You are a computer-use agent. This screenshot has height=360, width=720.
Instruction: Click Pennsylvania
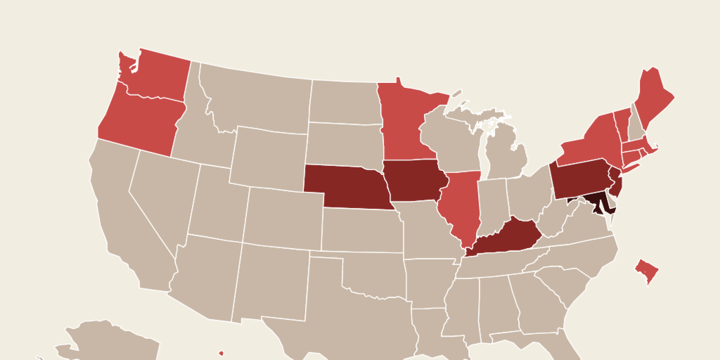tap(580, 176)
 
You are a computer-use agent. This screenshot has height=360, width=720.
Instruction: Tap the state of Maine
tap(654, 95)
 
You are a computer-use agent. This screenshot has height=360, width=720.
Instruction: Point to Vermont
tap(622, 120)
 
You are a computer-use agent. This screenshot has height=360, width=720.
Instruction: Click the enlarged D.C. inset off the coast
tap(647, 271)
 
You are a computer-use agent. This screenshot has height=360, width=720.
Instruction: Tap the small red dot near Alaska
tap(221, 353)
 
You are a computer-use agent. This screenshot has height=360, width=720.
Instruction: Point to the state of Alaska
tap(112, 341)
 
